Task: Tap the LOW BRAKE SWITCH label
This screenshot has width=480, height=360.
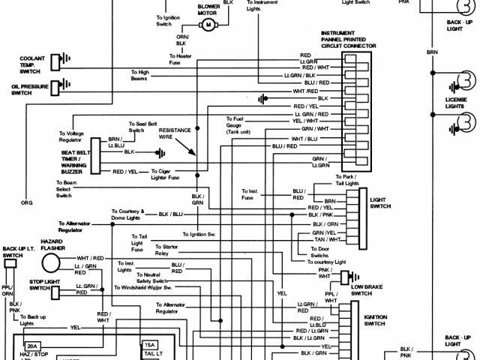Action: [367, 289]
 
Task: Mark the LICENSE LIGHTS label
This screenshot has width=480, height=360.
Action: [456, 102]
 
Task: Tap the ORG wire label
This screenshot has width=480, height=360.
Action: [26, 203]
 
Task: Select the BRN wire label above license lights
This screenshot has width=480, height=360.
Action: [432, 52]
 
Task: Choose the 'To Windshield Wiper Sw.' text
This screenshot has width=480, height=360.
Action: [143, 287]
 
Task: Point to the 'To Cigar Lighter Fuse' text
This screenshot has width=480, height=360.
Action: [166, 173]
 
